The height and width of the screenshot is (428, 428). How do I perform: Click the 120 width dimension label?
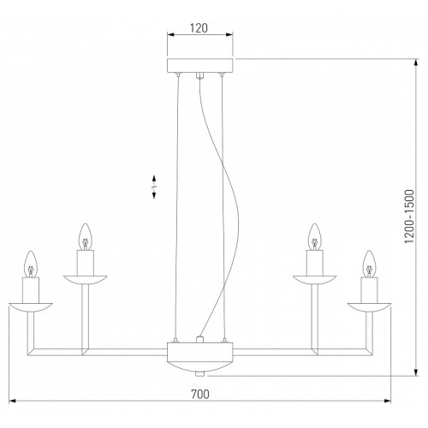pos(199,28)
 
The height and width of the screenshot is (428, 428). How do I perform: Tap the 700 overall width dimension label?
pos(200,394)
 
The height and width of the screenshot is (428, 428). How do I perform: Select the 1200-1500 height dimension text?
pos(409,217)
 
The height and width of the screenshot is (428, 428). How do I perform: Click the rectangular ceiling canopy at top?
pos(199,66)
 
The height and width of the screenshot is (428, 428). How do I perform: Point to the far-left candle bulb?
pos(31,265)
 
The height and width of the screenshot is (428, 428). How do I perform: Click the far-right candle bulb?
pos(369,264)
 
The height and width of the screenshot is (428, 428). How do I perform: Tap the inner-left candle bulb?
pos(86,237)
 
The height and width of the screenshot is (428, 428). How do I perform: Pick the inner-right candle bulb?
pos(315,237)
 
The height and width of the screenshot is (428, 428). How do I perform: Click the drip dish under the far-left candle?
pos(31,307)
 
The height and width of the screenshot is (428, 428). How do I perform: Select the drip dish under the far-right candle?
pos(369,307)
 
